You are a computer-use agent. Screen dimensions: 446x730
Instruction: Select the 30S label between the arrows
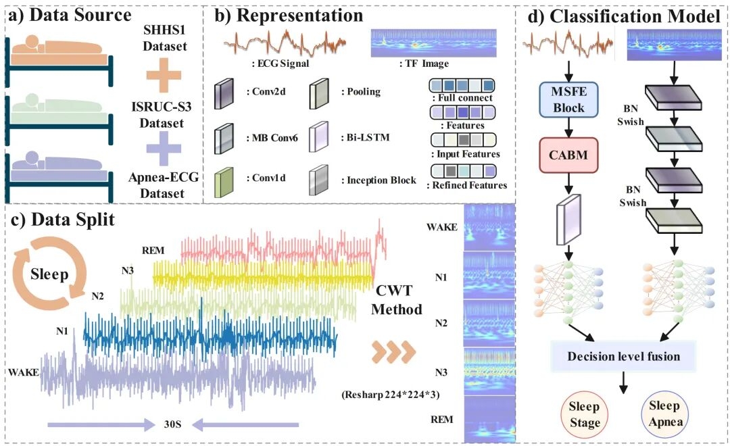click(180, 424)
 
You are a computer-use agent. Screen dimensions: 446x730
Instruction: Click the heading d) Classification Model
click(624, 16)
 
